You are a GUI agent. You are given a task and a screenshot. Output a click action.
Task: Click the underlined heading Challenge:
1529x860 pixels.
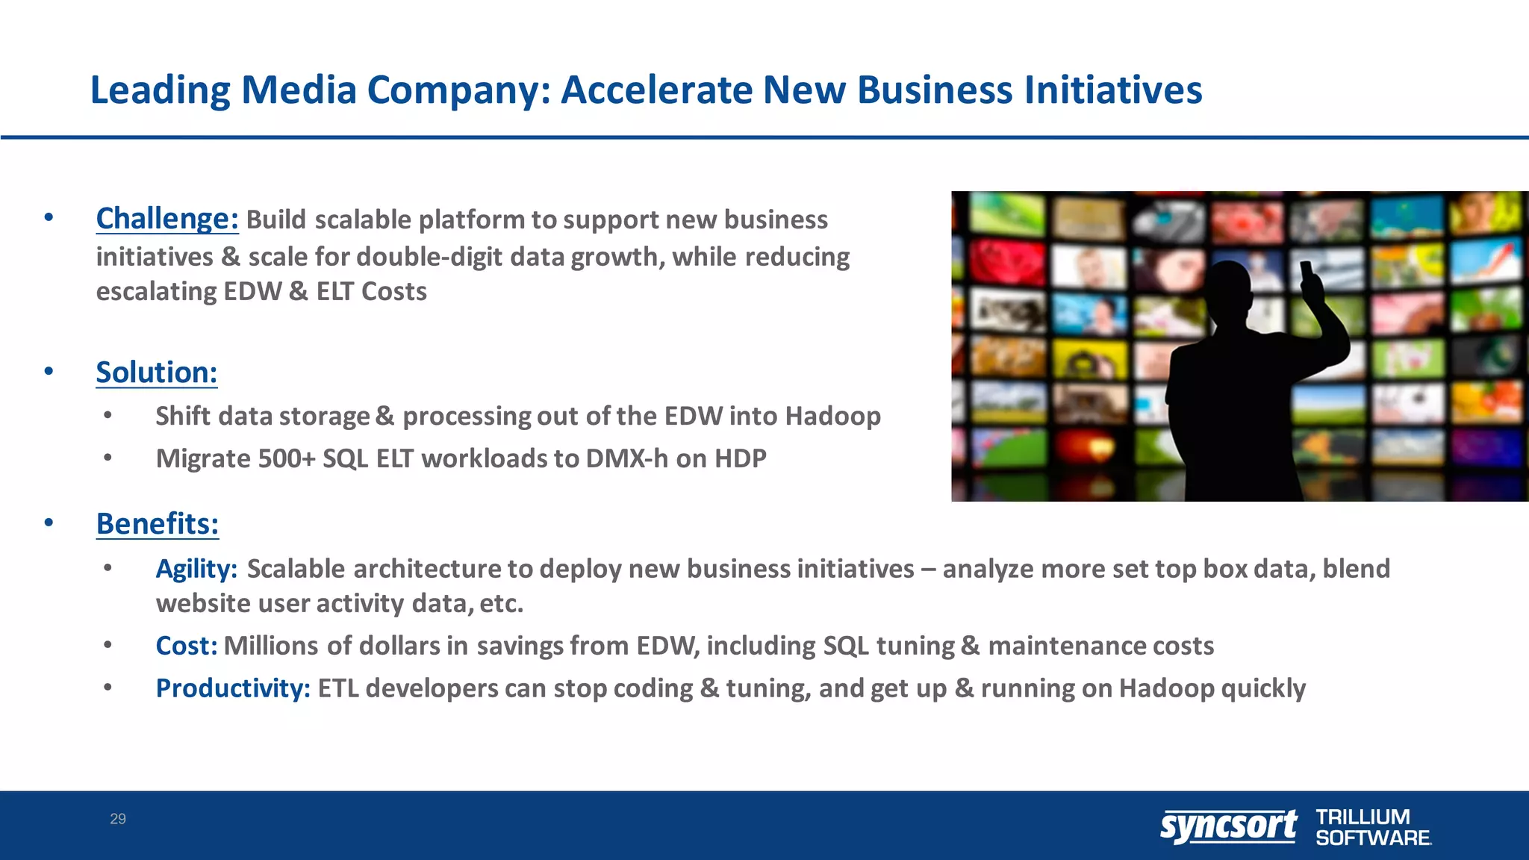[166, 219]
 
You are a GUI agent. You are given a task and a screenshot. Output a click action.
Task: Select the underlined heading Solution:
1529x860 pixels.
[156, 373]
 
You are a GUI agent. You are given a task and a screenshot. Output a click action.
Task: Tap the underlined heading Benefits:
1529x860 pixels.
[157, 524]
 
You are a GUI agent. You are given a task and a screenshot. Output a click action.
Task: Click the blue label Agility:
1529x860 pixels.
[196, 569]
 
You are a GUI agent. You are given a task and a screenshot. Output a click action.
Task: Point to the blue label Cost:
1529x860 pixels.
[186, 646]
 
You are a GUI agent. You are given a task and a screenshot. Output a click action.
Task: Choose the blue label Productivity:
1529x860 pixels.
[232, 688]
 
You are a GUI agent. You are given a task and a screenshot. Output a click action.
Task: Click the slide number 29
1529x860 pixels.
[118, 819]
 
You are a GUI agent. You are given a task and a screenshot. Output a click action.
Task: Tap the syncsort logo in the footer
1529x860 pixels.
[1228, 826]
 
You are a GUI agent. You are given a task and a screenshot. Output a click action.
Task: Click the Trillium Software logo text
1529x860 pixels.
[1372, 827]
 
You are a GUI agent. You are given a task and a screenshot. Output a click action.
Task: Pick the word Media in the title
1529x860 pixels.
[299, 90]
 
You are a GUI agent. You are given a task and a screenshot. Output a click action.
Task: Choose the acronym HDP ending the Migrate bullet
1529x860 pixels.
[740, 458]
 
